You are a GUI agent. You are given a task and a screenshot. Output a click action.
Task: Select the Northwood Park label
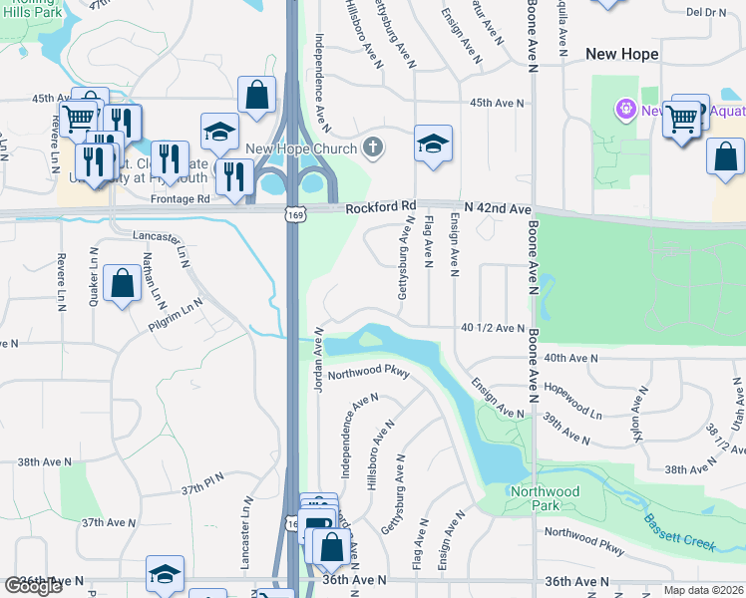[544, 498]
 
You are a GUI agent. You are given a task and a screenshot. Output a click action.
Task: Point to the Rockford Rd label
[380, 207]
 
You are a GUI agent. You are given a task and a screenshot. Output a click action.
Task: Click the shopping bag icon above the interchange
[256, 96]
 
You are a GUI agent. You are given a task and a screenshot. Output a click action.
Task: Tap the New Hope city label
[622, 55]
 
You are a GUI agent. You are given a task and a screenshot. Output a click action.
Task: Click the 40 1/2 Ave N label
[493, 328]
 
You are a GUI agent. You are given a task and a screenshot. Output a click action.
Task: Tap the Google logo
[33, 586]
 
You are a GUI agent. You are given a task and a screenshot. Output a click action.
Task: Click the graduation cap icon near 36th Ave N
[165, 574]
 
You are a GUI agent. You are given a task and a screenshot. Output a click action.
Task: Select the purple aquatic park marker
[625, 108]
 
